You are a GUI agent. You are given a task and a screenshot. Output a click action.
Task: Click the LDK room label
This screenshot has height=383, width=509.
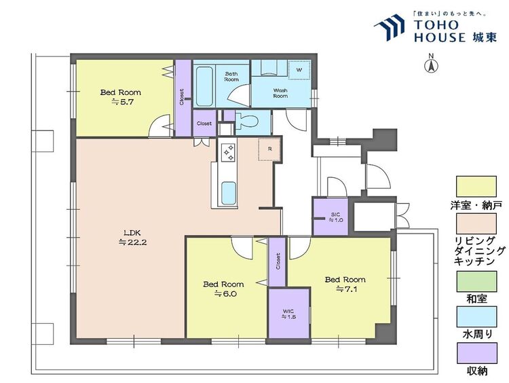133,238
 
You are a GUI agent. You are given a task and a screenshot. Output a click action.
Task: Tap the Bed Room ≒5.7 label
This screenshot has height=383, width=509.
121,97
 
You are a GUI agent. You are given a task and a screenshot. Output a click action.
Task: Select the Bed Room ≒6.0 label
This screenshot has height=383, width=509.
223,289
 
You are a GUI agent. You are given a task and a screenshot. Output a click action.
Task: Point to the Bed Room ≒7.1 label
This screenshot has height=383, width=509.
345,284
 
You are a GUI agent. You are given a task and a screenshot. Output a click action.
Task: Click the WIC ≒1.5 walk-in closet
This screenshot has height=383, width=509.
289,313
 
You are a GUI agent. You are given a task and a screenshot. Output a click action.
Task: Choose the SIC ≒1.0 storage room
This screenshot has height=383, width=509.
331,217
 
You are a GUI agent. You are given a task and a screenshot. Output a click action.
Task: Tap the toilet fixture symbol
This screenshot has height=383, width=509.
247,122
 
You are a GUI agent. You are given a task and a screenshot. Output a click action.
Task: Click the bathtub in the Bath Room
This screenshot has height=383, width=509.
204,83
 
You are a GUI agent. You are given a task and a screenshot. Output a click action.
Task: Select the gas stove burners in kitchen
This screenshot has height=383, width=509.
227,152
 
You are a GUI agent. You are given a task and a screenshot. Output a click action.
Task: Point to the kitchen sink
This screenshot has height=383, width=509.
228,193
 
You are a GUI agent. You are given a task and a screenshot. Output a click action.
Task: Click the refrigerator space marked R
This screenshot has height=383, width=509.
269,149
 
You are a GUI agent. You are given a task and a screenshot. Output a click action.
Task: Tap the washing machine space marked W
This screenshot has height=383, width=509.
299,70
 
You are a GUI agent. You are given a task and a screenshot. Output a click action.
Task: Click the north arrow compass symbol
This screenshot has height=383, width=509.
432,64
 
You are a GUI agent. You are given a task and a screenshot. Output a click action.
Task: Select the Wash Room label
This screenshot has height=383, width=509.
280,93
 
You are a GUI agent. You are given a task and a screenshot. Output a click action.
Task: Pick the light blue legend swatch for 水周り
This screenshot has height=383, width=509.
476,316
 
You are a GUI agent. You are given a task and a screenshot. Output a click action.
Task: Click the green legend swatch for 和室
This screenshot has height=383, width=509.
476,282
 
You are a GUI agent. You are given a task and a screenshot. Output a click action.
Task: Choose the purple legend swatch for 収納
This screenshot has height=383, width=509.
476,353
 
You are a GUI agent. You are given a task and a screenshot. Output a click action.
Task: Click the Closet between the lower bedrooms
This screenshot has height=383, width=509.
278,262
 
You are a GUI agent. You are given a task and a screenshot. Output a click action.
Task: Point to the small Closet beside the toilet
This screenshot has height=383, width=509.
204,124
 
